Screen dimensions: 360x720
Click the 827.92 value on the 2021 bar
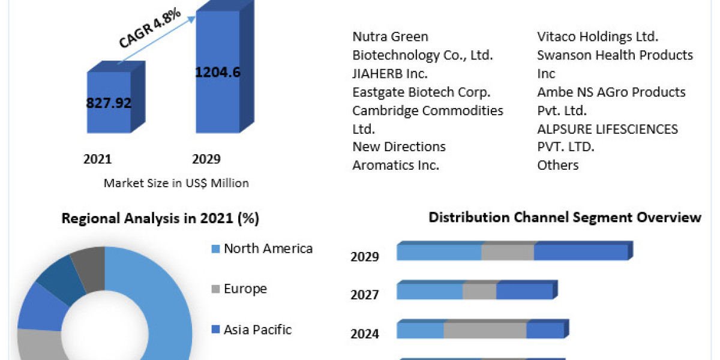[x=109, y=102]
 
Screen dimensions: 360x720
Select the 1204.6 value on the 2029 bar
[x=218, y=73]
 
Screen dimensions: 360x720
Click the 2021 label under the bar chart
[x=97, y=159]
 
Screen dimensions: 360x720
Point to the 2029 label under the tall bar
[x=206, y=159]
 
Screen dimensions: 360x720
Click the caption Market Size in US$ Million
[x=176, y=183]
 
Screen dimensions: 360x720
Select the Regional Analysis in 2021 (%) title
[x=160, y=218]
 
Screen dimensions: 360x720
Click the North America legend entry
[x=268, y=248]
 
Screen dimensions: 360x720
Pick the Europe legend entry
[x=245, y=289]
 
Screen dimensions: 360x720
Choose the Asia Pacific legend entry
[x=257, y=329]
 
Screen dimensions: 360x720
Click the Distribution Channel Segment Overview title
[x=565, y=217]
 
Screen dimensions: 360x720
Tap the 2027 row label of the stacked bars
[x=365, y=295]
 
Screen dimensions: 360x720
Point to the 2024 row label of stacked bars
[x=365, y=334]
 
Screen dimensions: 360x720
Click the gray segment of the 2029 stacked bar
[x=508, y=253]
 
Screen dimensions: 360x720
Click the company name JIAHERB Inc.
[x=390, y=74]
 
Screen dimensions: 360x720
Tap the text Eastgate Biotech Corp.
[x=422, y=92]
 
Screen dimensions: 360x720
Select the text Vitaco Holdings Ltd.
[x=598, y=37]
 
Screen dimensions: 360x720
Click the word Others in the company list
[x=558, y=165]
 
